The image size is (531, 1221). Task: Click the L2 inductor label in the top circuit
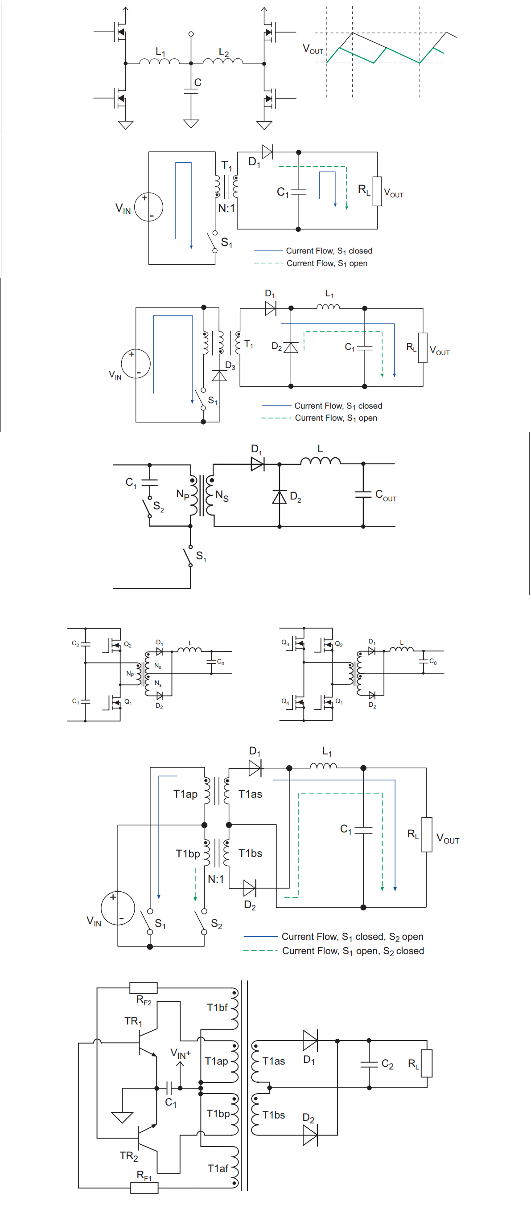(224, 53)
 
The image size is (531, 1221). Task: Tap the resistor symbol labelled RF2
(143, 988)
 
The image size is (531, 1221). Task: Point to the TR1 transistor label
(133, 1021)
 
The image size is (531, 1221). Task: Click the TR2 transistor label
(128, 1156)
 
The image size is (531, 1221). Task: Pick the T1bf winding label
(217, 1008)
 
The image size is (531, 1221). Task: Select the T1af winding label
(218, 1169)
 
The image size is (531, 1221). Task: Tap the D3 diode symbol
(219, 375)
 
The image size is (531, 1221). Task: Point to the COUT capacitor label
(386, 496)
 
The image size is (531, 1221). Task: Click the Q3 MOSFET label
(285, 643)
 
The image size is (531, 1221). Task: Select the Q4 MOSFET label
(285, 701)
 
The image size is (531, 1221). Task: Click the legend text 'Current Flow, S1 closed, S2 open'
(352, 937)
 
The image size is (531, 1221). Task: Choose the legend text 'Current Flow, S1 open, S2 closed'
(353, 951)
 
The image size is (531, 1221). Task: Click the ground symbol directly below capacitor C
(191, 124)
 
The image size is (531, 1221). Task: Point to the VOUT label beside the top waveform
(313, 49)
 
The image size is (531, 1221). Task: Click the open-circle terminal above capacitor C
(191, 34)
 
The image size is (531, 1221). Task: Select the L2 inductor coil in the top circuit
(223, 61)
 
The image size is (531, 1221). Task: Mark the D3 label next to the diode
(230, 366)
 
